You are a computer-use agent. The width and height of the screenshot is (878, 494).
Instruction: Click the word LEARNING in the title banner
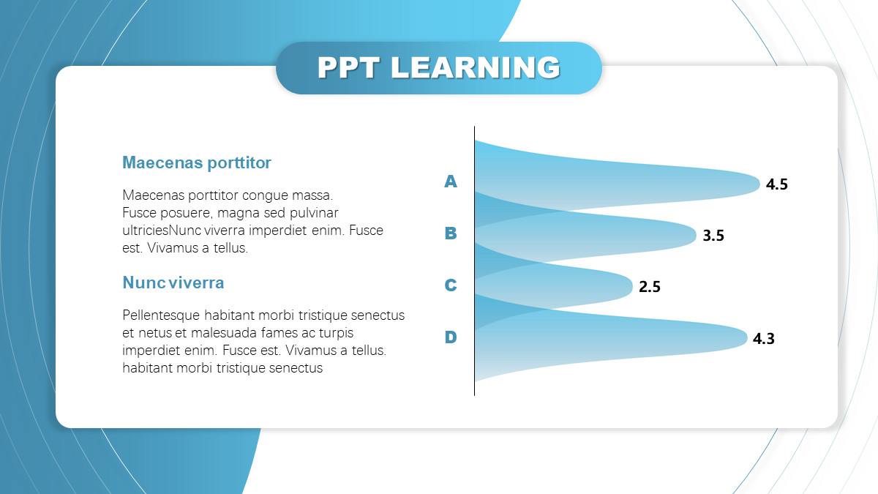tap(476, 67)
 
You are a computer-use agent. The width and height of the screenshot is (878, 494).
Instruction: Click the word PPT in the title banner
tap(348, 67)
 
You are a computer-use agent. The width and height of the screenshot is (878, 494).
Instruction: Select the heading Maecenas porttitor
tap(197, 162)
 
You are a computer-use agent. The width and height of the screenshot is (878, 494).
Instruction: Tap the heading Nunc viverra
tap(173, 282)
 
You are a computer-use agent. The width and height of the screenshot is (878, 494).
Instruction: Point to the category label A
tap(451, 181)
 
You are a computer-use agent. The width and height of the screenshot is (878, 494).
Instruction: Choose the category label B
tap(451, 233)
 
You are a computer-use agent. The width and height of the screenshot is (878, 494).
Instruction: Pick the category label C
tap(451, 285)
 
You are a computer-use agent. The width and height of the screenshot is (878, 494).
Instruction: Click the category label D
tap(451, 337)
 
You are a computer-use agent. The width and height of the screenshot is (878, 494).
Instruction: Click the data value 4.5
tap(776, 184)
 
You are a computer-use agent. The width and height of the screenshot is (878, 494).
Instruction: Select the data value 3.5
tap(713, 235)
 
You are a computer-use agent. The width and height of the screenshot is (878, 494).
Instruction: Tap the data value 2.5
tap(650, 287)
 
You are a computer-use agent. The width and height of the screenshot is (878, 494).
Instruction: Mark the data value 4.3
tap(764, 338)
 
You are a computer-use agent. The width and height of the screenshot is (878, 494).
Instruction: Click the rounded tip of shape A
tap(759, 184)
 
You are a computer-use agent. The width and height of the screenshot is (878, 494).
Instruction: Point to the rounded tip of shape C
tap(631, 287)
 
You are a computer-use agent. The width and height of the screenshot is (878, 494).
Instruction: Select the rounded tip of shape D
tap(746, 338)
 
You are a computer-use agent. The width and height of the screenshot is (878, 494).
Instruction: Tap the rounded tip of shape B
tap(695, 235)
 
